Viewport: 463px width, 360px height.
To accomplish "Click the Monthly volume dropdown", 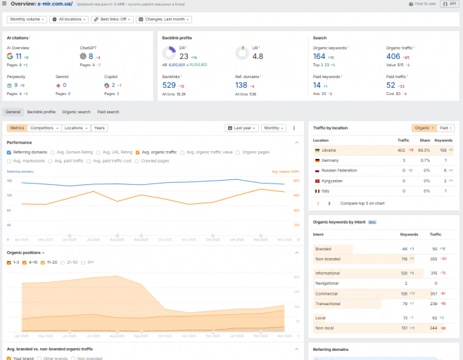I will coord(27,20).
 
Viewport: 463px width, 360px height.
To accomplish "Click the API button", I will coord(450,4).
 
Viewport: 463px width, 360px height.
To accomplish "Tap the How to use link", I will coord(424,4).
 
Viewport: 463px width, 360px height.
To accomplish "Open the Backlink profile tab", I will coord(41,112).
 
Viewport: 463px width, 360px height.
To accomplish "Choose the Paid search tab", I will coord(108,112).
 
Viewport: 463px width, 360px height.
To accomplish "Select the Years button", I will coord(99,128).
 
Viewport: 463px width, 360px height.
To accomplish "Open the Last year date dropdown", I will coord(241,128).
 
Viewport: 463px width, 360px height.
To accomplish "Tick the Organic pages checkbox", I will coord(239,152).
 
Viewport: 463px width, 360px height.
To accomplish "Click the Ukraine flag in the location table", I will coord(318,150).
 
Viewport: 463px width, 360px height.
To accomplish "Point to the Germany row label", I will coord(330,160).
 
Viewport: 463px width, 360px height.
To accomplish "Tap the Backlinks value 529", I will coord(169,85).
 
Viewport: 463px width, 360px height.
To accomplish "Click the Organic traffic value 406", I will coord(393,56).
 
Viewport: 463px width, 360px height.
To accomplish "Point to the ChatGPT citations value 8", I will coord(91,56).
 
